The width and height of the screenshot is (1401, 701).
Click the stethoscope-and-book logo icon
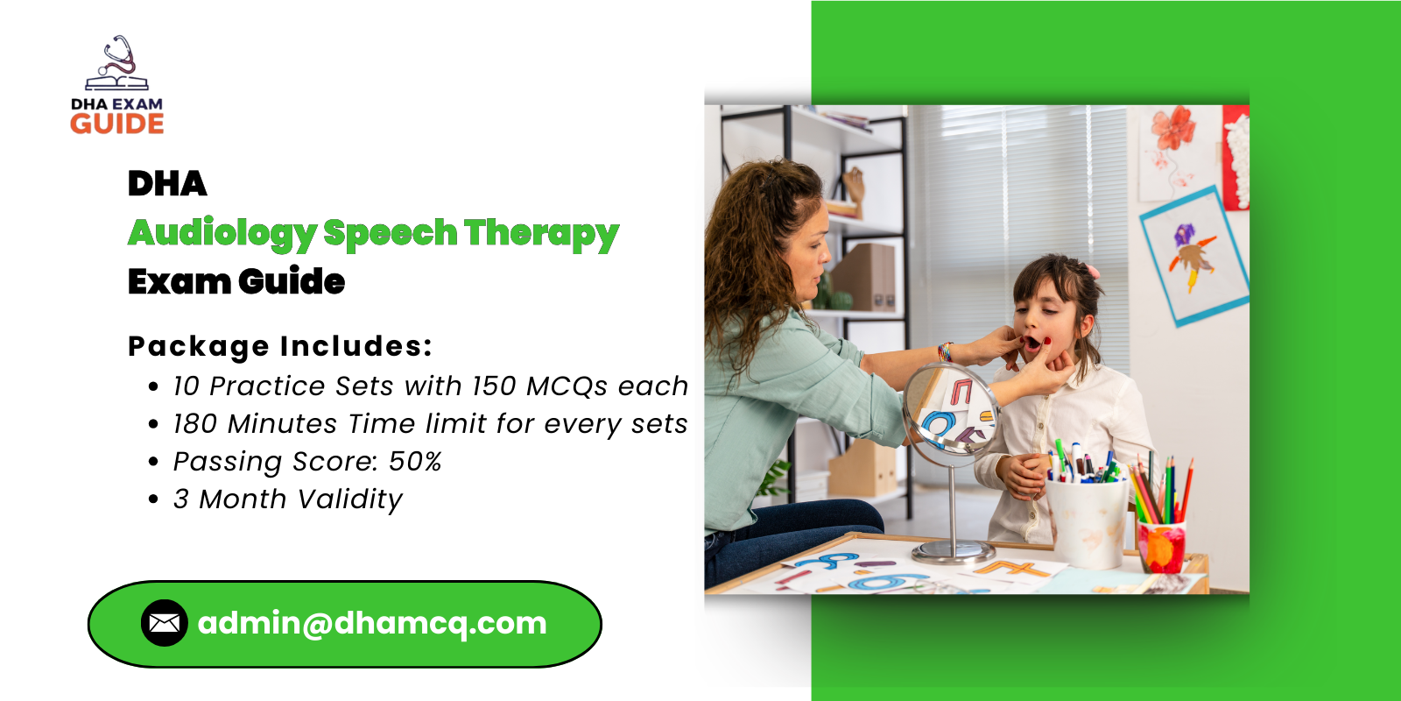[117, 64]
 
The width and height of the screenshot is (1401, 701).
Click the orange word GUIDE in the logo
[117, 124]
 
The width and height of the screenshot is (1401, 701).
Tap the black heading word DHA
[167, 184]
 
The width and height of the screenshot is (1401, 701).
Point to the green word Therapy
[541, 233]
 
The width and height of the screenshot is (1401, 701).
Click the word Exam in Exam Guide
[178, 282]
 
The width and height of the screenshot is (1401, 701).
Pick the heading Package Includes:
[280, 346]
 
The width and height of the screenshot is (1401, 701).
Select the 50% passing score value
[415, 462]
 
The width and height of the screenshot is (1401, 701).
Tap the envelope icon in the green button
[164, 623]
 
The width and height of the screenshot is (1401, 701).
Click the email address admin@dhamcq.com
[372, 623]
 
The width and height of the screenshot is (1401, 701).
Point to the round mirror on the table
[949, 410]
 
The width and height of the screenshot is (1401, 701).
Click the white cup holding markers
[1086, 521]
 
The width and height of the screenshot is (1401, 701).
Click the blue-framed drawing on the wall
[1194, 255]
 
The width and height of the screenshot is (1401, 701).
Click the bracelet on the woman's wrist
[944, 353]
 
